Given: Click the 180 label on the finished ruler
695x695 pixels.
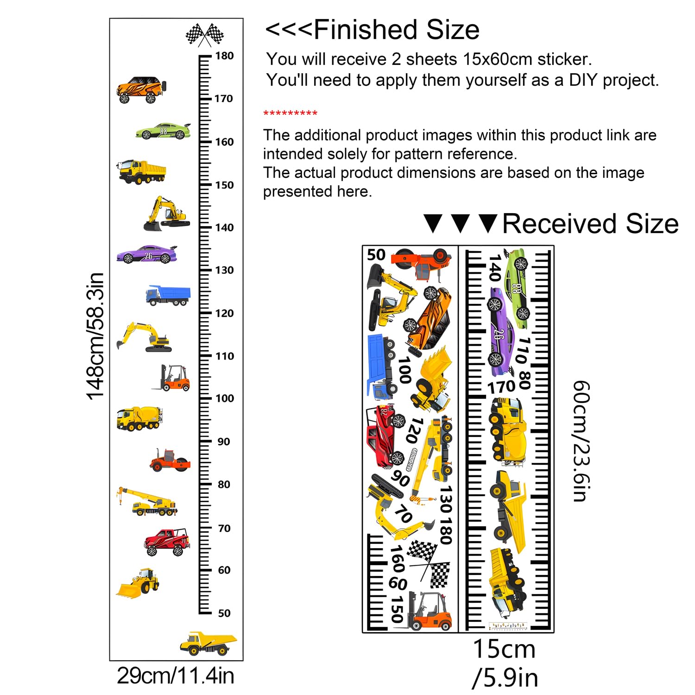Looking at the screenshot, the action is (x=224, y=56).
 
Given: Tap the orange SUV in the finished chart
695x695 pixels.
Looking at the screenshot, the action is (x=141, y=89).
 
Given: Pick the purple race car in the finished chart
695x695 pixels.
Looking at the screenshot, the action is (x=147, y=254).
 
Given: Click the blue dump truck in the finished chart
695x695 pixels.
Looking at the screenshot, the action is (x=168, y=295).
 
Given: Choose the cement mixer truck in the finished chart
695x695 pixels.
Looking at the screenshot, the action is (x=139, y=418).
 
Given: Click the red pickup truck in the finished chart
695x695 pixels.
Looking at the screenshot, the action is (x=167, y=542).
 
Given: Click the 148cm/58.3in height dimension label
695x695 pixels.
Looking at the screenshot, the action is (x=95, y=336).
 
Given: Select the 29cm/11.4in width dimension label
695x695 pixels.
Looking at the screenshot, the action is (x=176, y=676).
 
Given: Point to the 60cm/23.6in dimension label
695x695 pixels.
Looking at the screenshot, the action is (x=582, y=441).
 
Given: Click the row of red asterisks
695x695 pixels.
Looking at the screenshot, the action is (x=290, y=114).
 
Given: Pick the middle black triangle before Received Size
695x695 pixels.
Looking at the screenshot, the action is (x=461, y=223).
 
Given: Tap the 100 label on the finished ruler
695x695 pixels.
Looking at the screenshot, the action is (x=225, y=398).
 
